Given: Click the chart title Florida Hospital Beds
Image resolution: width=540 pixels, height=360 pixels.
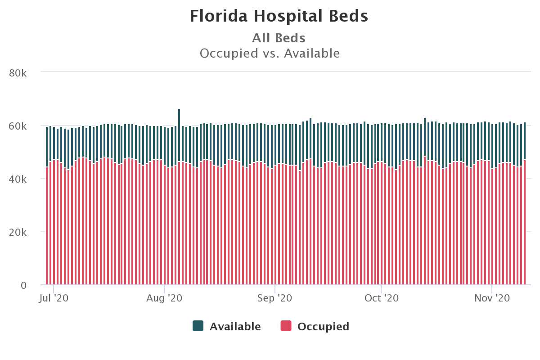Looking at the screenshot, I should [279, 16].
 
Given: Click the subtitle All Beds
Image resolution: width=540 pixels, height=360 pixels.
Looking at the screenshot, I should [279, 38].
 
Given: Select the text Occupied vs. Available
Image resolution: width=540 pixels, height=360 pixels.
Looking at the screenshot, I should [270, 54].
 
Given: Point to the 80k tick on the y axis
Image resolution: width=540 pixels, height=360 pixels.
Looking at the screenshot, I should [18, 72].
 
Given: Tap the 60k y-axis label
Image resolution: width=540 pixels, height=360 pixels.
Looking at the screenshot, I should [18, 126].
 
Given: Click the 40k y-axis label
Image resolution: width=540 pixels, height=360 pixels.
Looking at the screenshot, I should [18, 179].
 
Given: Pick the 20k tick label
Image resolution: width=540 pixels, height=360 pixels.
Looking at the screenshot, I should [18, 232].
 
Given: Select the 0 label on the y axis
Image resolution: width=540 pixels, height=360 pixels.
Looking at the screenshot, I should [23, 285].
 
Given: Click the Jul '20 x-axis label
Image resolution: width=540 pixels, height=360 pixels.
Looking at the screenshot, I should [54, 298].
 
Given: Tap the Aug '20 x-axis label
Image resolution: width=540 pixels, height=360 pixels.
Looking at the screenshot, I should [165, 298].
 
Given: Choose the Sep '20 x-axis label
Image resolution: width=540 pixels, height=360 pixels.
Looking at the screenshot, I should [275, 298].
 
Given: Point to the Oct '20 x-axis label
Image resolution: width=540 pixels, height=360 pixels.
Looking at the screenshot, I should [382, 298].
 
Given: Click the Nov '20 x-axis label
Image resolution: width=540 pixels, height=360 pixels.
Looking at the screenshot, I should [492, 298].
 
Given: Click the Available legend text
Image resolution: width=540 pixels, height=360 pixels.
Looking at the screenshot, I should [235, 327].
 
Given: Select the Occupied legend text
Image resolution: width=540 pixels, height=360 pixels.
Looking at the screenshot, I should [323, 327].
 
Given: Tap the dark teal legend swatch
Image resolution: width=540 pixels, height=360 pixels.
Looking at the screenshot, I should [198, 326].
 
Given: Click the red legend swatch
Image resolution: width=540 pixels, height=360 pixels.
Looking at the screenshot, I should [286, 326].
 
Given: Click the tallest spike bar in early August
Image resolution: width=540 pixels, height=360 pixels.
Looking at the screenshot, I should [179, 135].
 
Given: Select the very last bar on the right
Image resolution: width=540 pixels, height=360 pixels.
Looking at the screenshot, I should [525, 202].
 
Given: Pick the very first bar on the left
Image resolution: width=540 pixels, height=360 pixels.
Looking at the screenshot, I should [47, 202].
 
